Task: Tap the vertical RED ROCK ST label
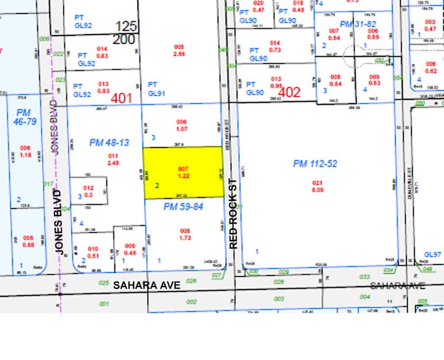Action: [x=233, y=213]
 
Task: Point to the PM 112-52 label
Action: [x=315, y=163]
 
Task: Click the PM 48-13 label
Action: [x=109, y=143]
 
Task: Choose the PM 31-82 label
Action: [x=358, y=23]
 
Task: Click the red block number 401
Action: [x=122, y=97]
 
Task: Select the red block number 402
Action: [x=289, y=93]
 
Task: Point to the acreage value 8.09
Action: [x=317, y=190]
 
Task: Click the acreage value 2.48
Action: [x=113, y=163]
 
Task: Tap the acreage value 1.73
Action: [x=185, y=236]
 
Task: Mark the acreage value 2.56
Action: [x=179, y=54]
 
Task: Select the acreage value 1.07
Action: [x=181, y=129]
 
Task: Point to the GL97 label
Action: [x=432, y=254]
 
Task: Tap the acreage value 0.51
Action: [x=93, y=256]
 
